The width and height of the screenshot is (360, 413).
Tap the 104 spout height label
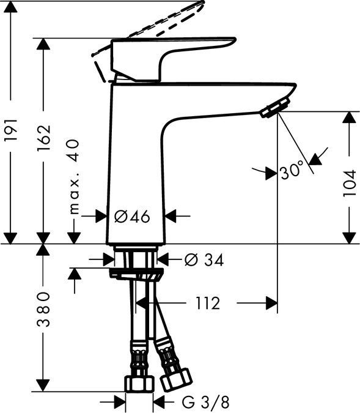(x=349, y=182)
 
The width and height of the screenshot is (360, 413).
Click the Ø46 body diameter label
(x=131, y=216)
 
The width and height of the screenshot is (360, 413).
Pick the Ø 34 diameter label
(x=204, y=260)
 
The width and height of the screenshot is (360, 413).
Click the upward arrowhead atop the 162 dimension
(x=43, y=44)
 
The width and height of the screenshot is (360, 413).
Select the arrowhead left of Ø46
(x=102, y=216)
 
